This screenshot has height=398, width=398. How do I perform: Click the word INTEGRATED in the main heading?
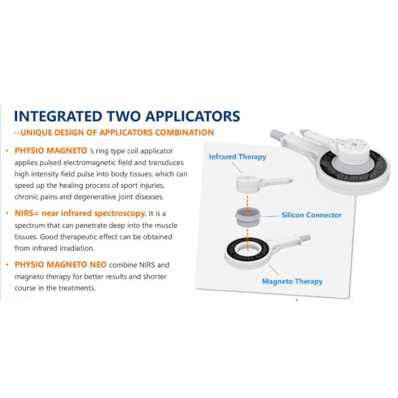[58, 116]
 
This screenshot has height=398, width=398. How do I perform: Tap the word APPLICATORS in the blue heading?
[193, 116]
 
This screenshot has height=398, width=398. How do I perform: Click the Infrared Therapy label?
[238, 157]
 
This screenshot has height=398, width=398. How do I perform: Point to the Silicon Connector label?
[311, 215]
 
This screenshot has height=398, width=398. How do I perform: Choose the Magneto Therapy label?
[292, 281]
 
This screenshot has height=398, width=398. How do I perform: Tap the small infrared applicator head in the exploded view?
[248, 184]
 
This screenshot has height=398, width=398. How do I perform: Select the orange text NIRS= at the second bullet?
[27, 213]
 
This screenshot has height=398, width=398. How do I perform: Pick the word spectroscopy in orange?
[120, 214]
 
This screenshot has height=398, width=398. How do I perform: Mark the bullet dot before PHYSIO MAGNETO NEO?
[7, 265]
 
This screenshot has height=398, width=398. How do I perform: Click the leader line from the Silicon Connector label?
[270, 216]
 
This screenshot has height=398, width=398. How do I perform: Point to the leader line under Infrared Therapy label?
[237, 168]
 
